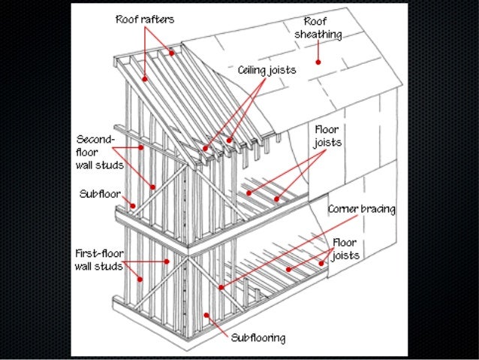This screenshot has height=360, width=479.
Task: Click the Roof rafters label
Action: pyautogui.click(x=144, y=20)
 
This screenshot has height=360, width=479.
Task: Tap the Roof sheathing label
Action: pyautogui.click(x=318, y=28)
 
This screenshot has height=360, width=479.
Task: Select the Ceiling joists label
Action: pyautogui.click(x=267, y=70)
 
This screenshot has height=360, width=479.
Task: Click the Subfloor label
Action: pyautogui.click(x=100, y=193)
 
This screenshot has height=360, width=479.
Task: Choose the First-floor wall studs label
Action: pyautogui.click(x=98, y=260)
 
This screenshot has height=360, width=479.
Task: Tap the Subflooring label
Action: pyautogui.click(x=258, y=338)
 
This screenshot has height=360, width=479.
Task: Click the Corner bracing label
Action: pyautogui.click(x=362, y=209)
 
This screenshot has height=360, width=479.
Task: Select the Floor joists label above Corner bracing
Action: pyautogui.click(x=328, y=135)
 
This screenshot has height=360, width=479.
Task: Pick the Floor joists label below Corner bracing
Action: pyautogui.click(x=345, y=249)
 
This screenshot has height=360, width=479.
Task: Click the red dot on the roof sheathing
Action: pyautogui.click(x=318, y=62)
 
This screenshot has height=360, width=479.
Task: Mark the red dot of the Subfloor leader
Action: pyautogui.click(x=132, y=204)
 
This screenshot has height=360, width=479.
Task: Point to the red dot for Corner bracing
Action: pyautogui.click(x=221, y=286)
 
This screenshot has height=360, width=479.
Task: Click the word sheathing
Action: pyautogui.click(x=318, y=35)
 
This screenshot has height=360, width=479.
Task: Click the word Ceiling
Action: pyautogui.click(x=253, y=70)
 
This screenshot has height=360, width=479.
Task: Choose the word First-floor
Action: pyautogui.click(x=98, y=253)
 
